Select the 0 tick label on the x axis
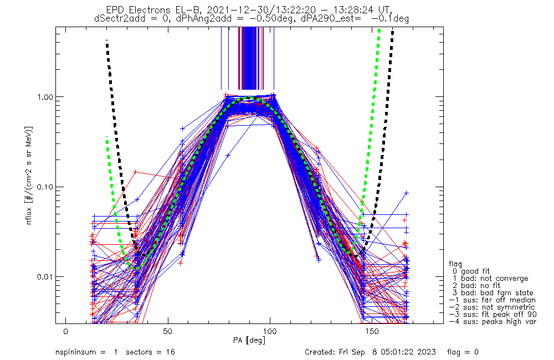pyautogui.click(x=66, y=331)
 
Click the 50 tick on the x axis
pyautogui.click(x=168, y=331)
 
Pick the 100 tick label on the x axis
pyautogui.click(x=270, y=331)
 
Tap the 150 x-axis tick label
pyautogui.click(x=372, y=331)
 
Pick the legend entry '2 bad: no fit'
pyautogui.click(x=479, y=286)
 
